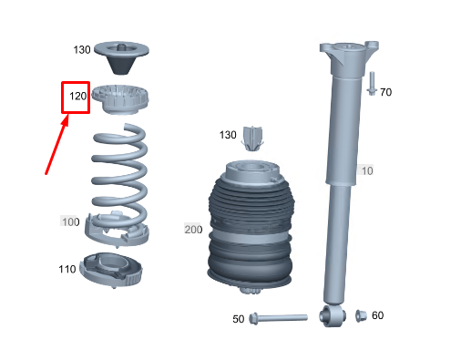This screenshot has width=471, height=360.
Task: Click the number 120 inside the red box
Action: tap(78, 97)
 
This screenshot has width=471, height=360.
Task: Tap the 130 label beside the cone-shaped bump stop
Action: tap(82, 50)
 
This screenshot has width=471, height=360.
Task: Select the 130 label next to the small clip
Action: tap(228, 135)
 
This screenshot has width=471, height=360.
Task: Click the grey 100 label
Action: tap(71, 221)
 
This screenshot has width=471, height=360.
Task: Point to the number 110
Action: tap(67, 269)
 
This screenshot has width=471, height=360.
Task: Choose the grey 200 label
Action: tap(193, 230)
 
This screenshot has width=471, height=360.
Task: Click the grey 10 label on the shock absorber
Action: tap(367, 170)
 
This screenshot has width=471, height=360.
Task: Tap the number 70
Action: tap(386, 92)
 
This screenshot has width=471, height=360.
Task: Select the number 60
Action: tap(377, 315)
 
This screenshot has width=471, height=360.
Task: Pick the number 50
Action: tap(239, 319)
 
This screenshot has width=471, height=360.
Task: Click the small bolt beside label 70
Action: tap(372, 84)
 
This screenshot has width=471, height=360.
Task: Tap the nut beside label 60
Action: tap(361, 316)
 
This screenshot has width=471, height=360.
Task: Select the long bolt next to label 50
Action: tap(278, 318)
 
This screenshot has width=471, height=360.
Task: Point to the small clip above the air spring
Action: tap(252, 139)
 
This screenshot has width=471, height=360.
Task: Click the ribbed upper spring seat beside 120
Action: tap(120, 99)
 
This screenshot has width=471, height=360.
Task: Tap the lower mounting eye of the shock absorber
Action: tap(333, 316)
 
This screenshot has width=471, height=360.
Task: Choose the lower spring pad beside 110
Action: tap(111, 270)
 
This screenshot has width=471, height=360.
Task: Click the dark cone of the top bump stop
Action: tap(121, 65)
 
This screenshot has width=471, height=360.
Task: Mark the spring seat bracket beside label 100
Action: tap(117, 230)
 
